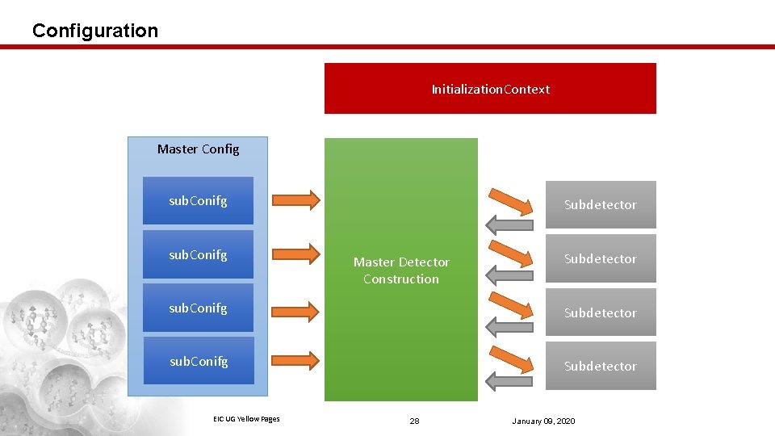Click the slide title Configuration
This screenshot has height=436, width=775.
[95, 31]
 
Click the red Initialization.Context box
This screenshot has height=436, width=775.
[490, 89]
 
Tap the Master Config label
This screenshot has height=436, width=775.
[198, 149]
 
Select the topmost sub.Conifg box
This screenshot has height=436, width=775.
[198, 201]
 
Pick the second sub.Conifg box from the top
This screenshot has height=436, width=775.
[198, 254]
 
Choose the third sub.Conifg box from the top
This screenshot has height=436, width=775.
[198, 308]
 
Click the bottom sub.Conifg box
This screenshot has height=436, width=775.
[198, 361]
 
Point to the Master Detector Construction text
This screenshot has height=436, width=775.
[401, 270]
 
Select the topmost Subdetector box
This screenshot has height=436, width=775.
[600, 205]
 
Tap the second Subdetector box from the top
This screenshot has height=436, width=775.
[600, 258]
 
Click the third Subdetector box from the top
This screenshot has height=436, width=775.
[600, 312]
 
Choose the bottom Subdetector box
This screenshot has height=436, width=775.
[600, 366]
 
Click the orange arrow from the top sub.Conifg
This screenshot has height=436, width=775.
[296, 199]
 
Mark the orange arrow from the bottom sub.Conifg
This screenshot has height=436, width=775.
[296, 359]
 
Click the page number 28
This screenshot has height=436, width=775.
[414, 421]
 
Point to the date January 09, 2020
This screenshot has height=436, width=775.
[543, 421]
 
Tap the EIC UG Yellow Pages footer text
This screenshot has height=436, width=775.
[246, 418]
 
